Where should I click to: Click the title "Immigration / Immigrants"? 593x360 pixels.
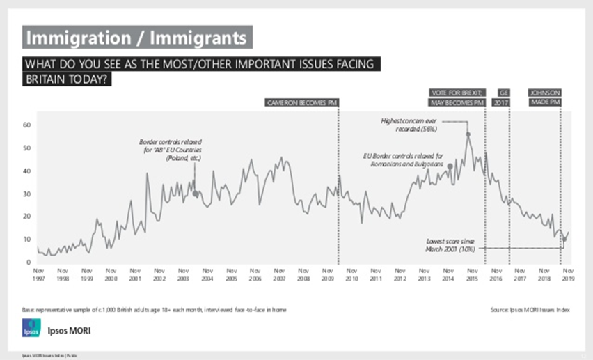[136, 36]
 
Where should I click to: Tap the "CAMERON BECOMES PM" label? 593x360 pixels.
[303, 102]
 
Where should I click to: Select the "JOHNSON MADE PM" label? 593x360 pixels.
[545, 97]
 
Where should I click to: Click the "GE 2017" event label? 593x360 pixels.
[502, 97]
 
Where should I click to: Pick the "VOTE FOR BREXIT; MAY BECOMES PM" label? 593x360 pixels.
[456, 97]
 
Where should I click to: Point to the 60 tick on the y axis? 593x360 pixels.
[27, 125]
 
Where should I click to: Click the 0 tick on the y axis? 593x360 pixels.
[29, 262]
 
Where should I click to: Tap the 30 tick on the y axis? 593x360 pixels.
[27, 194]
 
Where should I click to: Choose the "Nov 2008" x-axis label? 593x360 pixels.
[303, 275]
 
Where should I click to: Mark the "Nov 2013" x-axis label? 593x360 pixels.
[423, 275]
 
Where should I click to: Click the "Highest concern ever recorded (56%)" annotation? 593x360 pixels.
[410, 124]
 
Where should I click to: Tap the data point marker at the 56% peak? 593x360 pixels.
[468, 134]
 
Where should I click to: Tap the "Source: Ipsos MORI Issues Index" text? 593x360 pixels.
[530, 308]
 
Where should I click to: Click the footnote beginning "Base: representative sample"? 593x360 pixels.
[155, 308]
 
